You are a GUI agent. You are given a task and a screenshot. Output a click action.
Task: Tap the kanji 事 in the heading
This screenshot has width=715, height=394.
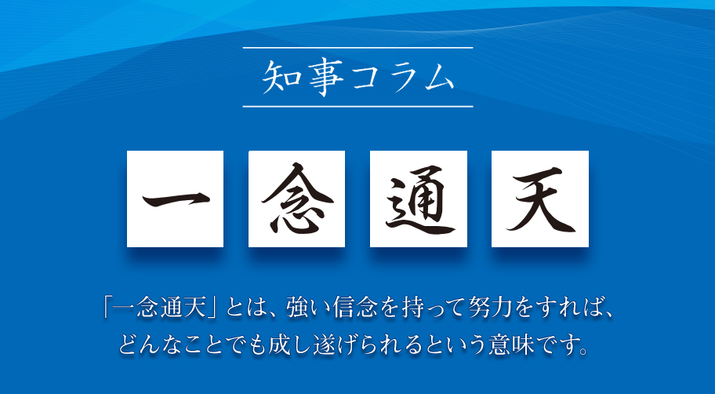pos(325,77)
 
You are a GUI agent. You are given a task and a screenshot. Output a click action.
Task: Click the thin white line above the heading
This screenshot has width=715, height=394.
pos(358,47)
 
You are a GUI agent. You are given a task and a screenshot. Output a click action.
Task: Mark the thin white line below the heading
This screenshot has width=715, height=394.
pos(358,107)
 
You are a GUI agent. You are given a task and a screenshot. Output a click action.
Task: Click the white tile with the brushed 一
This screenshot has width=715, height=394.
pos(175,199)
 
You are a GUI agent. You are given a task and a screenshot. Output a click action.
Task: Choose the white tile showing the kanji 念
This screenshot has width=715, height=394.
pos(296,199)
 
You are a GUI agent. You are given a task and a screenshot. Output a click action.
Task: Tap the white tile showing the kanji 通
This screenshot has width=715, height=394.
pos(418,199)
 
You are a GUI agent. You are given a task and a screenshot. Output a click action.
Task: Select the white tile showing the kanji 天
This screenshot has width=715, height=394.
pos(540,199)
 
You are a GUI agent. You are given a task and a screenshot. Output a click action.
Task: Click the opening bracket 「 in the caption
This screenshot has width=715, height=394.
pos(107,306)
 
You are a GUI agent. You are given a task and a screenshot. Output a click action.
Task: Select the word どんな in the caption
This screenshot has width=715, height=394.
pos(153,345)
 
